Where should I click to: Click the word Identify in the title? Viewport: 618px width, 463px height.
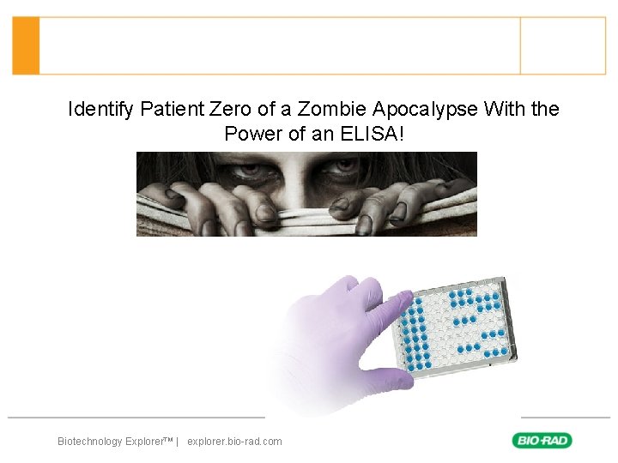tap(100, 110)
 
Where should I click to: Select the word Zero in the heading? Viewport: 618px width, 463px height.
tap(230, 110)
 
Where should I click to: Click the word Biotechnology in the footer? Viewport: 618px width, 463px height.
tap(90, 442)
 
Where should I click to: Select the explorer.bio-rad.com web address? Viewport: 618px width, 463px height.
tap(234, 442)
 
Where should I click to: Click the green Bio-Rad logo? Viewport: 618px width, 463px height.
tap(542, 441)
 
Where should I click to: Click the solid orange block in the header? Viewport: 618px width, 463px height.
tap(26, 45)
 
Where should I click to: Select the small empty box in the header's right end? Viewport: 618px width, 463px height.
tap(563, 45)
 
